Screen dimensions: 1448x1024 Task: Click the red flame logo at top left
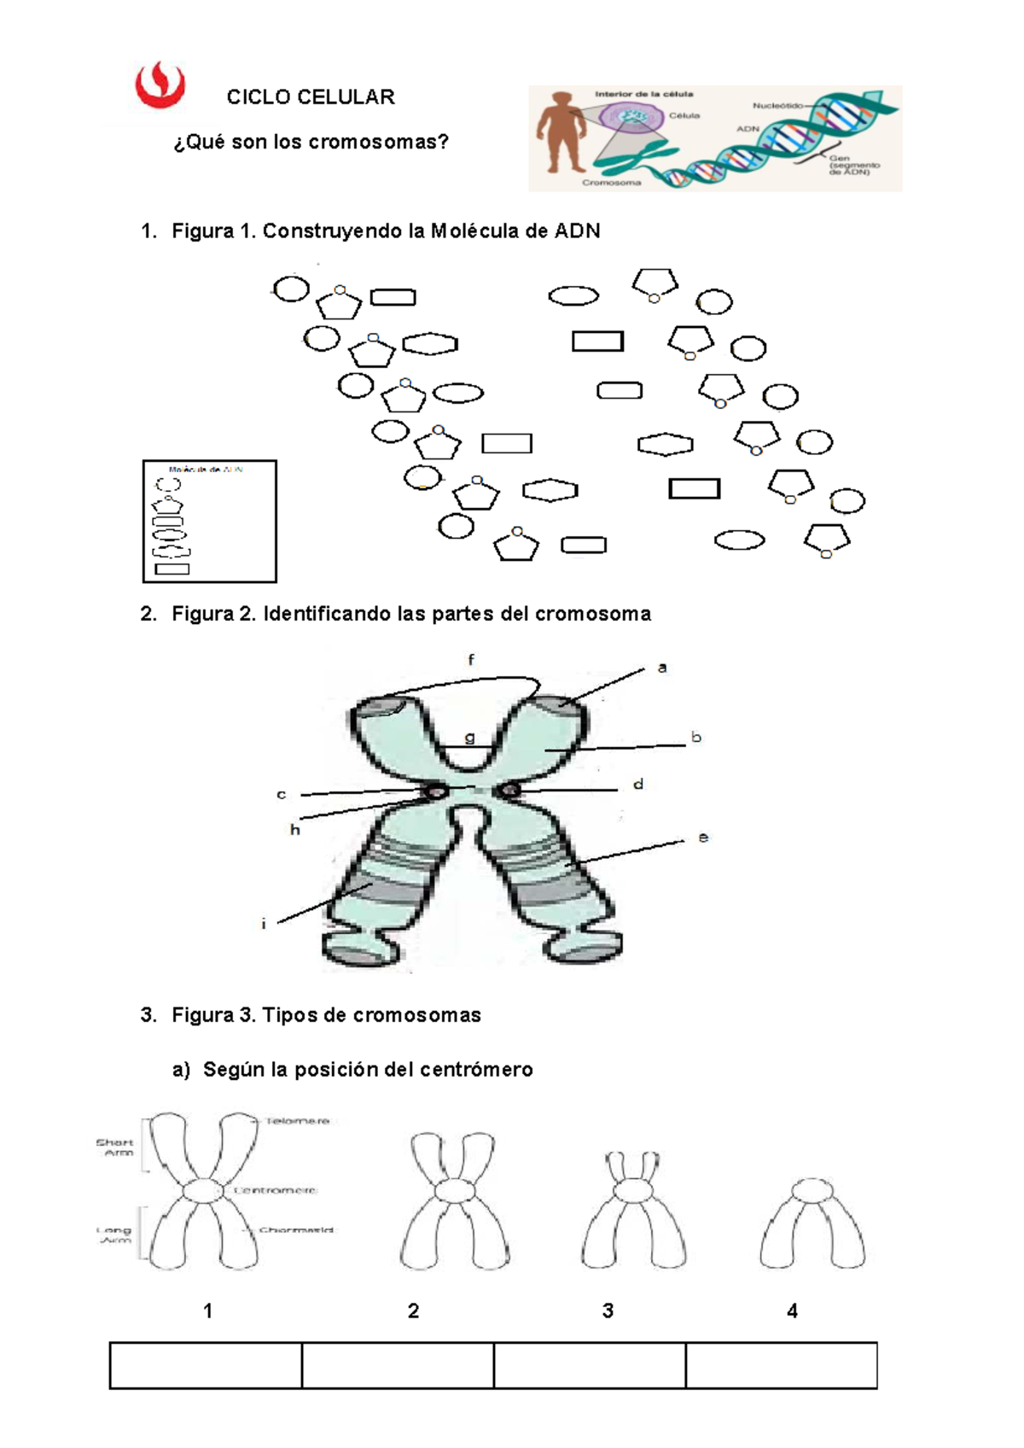(x=160, y=85)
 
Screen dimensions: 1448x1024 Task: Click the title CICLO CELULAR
(x=311, y=97)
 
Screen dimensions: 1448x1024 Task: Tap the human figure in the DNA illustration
(x=561, y=132)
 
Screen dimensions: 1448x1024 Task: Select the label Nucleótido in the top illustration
(x=777, y=106)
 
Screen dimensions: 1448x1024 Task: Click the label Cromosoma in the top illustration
(x=611, y=183)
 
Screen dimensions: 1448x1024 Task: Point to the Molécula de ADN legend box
(x=210, y=521)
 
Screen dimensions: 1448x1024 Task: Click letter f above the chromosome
(x=471, y=660)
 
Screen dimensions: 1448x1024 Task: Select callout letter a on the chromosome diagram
(x=662, y=668)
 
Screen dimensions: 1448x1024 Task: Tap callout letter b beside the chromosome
(x=696, y=738)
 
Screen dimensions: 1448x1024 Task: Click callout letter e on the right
(x=703, y=838)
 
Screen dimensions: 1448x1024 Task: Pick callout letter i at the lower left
(x=264, y=924)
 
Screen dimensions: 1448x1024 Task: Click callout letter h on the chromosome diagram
(x=295, y=830)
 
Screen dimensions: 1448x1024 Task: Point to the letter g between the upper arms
(x=469, y=738)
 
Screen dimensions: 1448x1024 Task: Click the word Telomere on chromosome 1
(x=297, y=1121)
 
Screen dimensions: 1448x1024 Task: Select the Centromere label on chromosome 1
(x=276, y=1190)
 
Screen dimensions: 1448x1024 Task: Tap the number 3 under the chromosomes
(x=608, y=1311)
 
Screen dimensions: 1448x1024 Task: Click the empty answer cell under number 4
(x=781, y=1365)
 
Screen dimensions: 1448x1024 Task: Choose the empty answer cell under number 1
(x=206, y=1365)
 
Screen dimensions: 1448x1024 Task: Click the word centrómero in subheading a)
(x=481, y=1070)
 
